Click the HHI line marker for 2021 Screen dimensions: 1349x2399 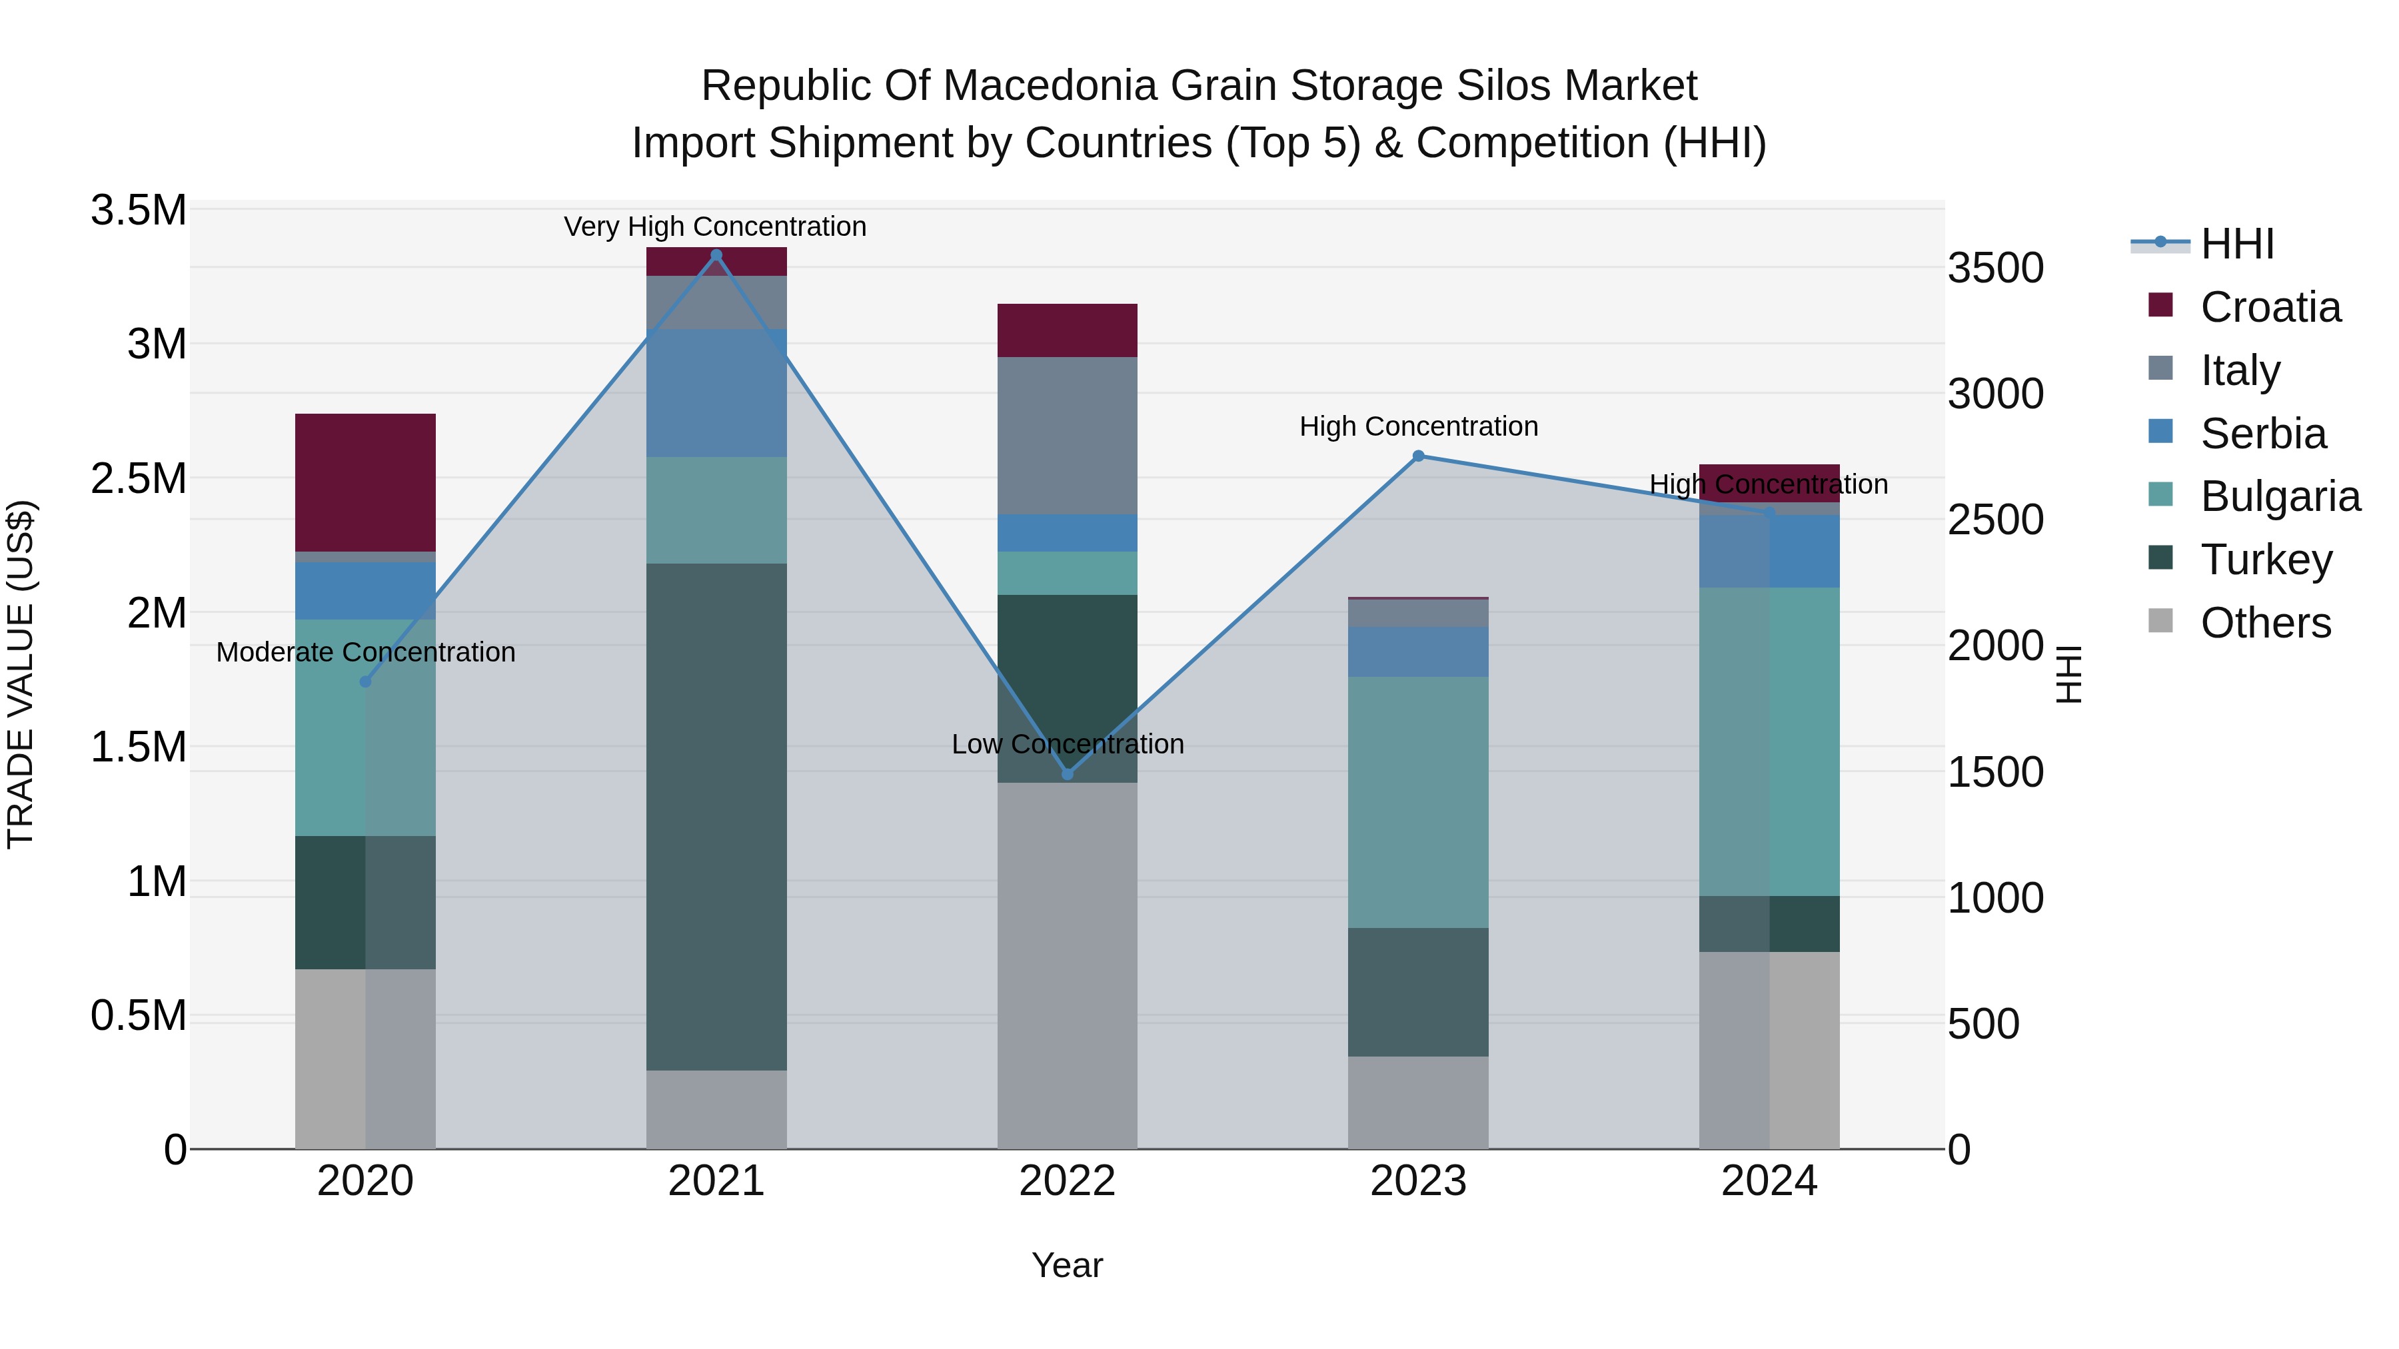point(716,255)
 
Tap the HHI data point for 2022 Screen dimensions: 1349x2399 point(1068,773)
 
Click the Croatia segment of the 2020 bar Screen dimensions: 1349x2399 point(365,482)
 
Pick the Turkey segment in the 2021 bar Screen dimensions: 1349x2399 point(716,817)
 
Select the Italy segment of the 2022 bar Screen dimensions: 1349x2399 point(1068,436)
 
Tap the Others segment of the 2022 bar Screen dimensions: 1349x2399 point(1068,965)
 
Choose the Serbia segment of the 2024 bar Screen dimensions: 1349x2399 point(1769,551)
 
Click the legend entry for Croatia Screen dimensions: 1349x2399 point(2270,307)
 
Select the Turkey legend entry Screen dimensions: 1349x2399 point(2266,560)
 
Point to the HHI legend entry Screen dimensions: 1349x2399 point(2237,244)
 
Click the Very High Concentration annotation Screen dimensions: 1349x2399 point(715,226)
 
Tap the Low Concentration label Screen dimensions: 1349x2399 point(1068,744)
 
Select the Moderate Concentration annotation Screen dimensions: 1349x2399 point(365,652)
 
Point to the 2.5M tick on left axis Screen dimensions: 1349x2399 point(138,478)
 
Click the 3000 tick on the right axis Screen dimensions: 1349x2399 point(1995,394)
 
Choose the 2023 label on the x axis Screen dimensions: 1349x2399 point(1417,1181)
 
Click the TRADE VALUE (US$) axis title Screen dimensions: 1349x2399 point(21,675)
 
